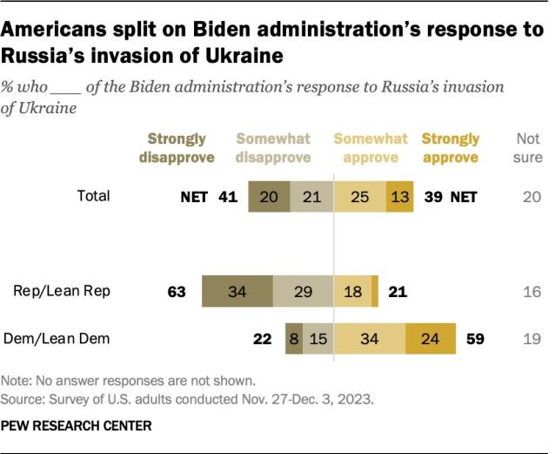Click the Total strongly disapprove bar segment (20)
pos(269,197)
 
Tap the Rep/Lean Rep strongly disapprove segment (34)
pos(237,291)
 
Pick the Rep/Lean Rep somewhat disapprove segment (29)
pos(304,291)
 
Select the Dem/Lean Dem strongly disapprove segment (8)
pos(294,338)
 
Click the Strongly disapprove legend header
pos(177,147)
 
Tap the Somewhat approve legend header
pos(371,147)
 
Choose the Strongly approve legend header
pos(450,147)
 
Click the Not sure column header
pos(529,147)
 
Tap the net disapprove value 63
pos(177,291)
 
